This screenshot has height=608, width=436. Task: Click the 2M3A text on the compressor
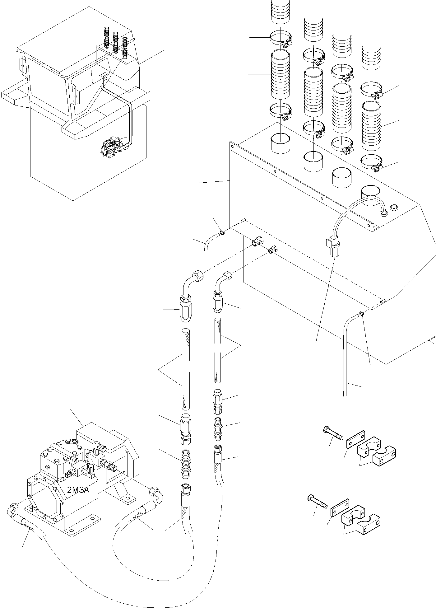tap(78, 490)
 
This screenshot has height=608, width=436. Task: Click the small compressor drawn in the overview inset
tap(114, 146)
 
